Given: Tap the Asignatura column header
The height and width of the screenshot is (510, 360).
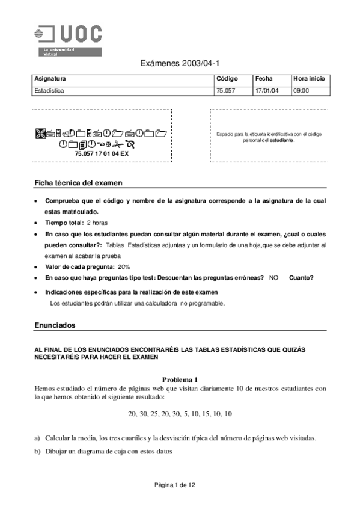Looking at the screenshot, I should (x=50, y=79).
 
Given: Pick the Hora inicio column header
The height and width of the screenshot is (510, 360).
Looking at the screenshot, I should (x=309, y=79).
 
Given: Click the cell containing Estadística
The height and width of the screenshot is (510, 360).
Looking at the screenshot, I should (x=49, y=91).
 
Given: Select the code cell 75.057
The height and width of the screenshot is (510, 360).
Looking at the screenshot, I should (x=225, y=91).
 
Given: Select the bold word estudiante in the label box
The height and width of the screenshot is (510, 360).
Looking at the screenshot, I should (x=281, y=140).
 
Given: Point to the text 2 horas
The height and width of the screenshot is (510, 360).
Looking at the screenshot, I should (x=97, y=223).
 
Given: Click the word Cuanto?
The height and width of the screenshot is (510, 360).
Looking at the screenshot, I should (x=301, y=277).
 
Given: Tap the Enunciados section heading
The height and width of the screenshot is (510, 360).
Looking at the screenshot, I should (x=56, y=325).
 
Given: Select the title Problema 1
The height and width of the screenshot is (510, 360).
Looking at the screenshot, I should (x=180, y=379).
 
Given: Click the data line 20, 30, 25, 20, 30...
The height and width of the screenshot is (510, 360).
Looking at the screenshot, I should (x=180, y=414).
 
